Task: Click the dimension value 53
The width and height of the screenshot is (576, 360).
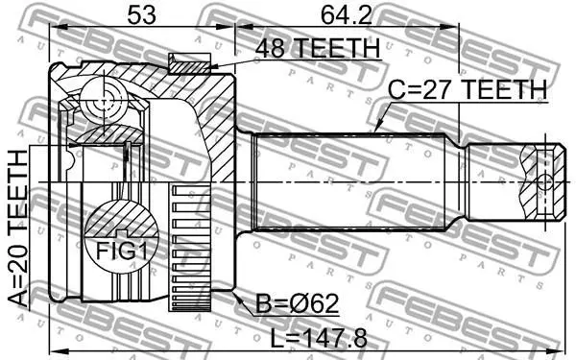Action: [141, 15]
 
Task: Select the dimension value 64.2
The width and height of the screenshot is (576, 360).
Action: [347, 15]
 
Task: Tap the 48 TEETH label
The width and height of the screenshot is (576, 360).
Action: [318, 48]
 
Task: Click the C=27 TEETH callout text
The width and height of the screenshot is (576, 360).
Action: [468, 89]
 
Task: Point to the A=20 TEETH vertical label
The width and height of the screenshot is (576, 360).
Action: [18, 228]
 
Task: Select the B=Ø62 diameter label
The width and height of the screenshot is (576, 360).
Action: [297, 304]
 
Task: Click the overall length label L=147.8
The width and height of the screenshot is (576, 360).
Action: [319, 338]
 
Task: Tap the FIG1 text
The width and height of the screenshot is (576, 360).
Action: [122, 252]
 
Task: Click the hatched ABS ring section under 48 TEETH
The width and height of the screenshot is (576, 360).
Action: [189, 67]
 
